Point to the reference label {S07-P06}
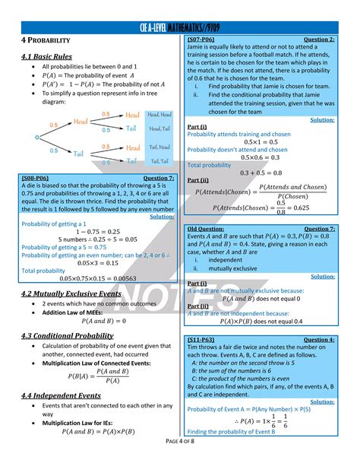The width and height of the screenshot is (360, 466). click(x=201, y=38)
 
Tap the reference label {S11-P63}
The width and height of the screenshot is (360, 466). click(x=201, y=340)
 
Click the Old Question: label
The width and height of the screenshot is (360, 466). click(x=206, y=228)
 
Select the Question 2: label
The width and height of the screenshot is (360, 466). click(x=319, y=38)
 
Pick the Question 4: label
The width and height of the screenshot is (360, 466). click(x=319, y=340)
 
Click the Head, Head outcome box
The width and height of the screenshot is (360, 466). click(x=159, y=114)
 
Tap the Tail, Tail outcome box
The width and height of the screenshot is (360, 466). click(x=159, y=161)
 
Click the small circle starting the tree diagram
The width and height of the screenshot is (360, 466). click(x=37, y=137)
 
